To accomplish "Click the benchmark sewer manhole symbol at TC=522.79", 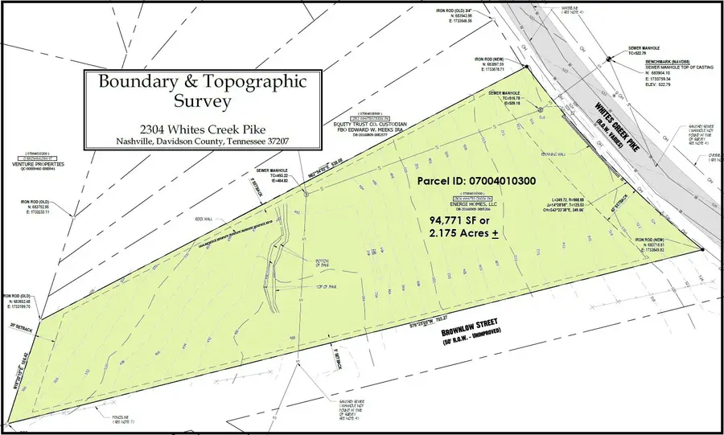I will click(610, 57).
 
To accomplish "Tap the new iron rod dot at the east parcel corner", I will click(702, 250).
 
